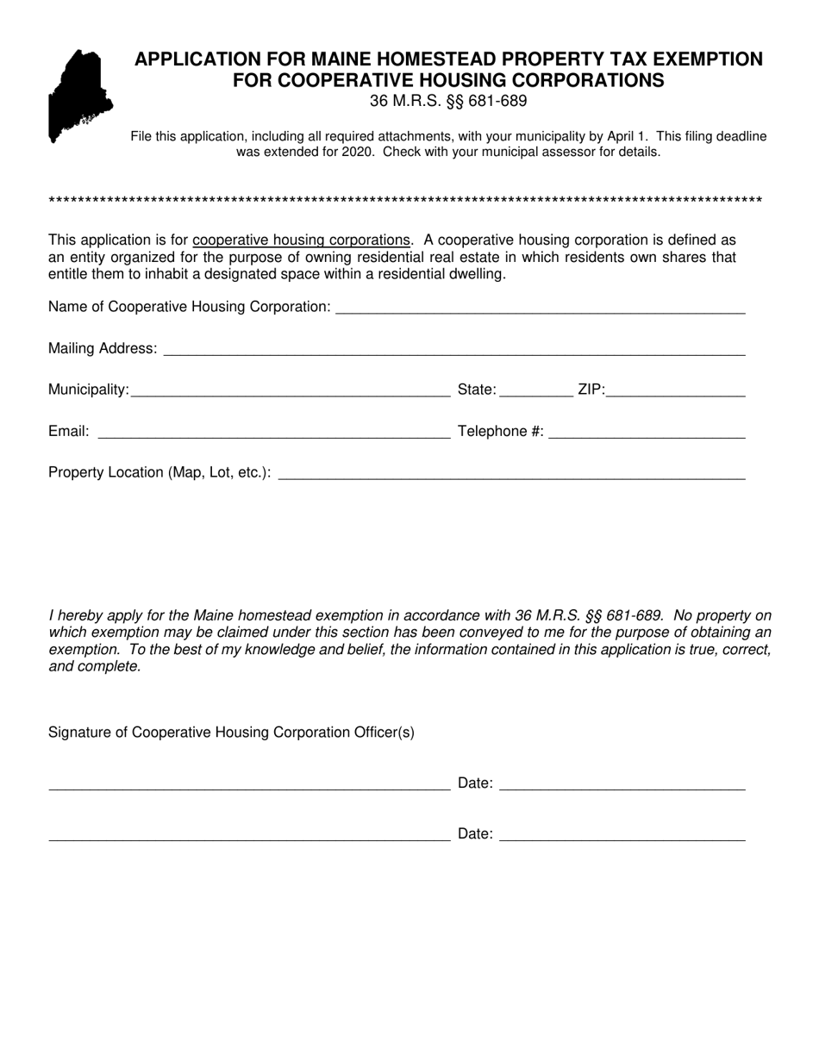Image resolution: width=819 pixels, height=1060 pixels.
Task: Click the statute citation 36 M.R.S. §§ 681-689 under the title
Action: pos(448,101)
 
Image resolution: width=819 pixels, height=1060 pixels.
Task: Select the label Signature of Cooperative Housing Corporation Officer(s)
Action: pos(231,733)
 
